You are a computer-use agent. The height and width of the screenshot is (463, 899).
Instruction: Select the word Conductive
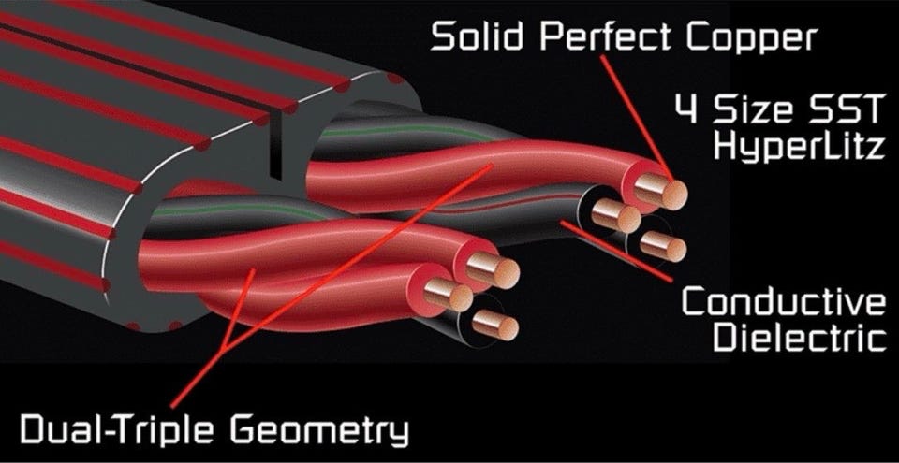coord(784,301)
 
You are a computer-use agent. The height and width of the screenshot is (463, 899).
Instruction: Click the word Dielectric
coord(799,338)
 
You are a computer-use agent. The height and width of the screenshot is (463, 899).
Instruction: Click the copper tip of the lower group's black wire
coord(496,325)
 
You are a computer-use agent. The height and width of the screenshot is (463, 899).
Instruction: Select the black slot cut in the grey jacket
coord(275,145)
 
